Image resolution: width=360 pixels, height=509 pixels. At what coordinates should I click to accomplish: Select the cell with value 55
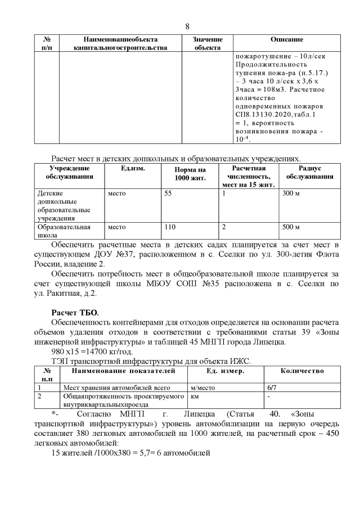[168, 193]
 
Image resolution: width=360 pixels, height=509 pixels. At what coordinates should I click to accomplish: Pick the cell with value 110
[170, 227]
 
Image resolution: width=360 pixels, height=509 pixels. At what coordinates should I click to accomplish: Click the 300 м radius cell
[291, 193]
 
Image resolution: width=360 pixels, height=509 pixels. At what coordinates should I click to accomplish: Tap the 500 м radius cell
[291, 227]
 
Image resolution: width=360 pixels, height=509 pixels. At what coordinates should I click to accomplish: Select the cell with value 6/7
[272, 388]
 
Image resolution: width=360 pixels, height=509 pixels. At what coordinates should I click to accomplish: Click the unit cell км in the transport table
[195, 397]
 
